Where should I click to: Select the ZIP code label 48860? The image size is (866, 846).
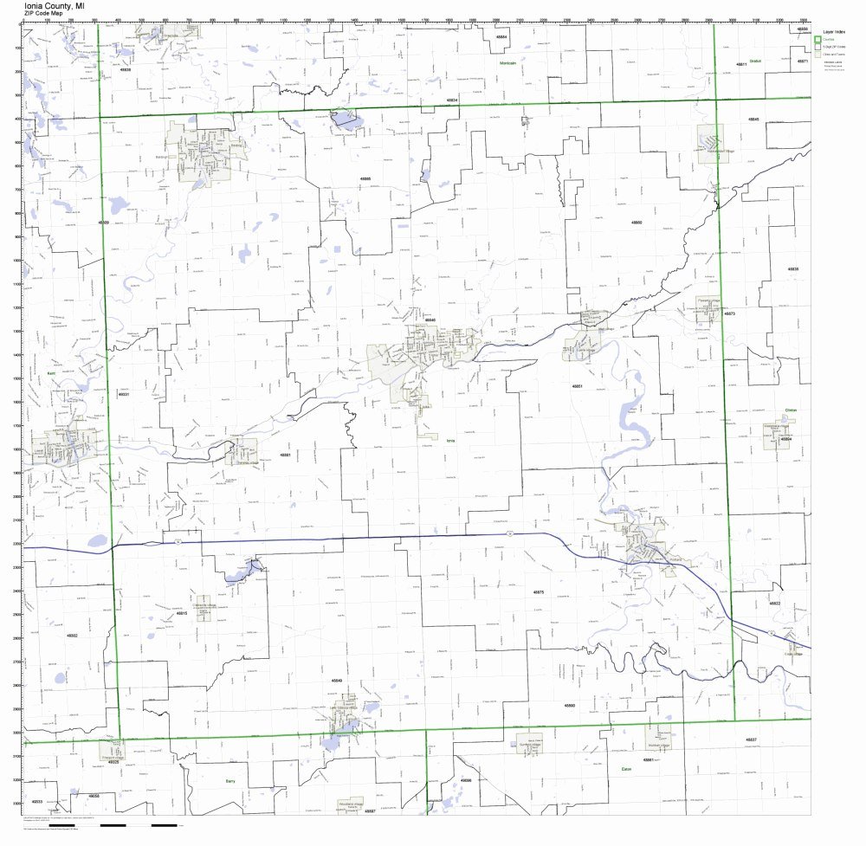tap(637, 223)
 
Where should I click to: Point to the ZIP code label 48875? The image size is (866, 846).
tap(539, 591)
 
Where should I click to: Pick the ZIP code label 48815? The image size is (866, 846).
tap(182, 613)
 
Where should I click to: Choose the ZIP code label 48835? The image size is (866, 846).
tap(792, 269)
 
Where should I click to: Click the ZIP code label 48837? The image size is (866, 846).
tap(751, 739)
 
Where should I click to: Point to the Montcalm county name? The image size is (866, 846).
tap(507, 64)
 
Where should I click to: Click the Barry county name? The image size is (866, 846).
tap(229, 780)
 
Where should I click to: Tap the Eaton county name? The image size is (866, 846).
tap(626, 767)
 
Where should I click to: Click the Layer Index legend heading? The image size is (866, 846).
tap(835, 30)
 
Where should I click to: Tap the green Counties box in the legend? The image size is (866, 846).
tap(820, 39)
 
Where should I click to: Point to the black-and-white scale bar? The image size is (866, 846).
tap(139, 825)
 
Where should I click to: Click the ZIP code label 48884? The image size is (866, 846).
tap(501, 37)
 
